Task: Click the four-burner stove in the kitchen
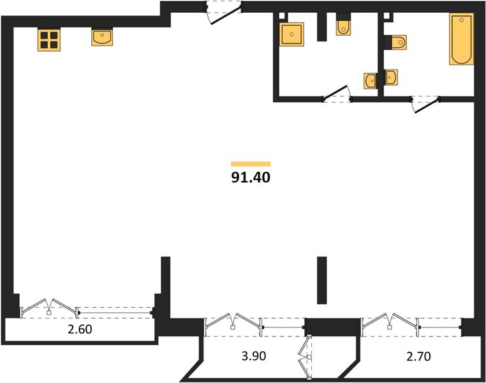[49, 40]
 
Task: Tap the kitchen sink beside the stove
[102, 37]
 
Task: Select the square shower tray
[291, 34]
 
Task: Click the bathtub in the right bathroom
[462, 39]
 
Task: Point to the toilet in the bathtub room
[399, 42]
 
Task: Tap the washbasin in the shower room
[371, 81]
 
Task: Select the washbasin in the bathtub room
[391, 77]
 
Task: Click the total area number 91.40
[251, 177]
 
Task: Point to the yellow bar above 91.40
[251, 164]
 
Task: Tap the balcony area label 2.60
[80, 329]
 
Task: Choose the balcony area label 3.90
[254, 356]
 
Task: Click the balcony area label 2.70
[419, 356]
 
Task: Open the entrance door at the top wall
[225, 13]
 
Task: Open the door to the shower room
[337, 93]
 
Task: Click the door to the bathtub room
[425, 104]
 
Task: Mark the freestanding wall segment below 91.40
[322, 280]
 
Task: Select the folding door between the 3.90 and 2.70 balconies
[306, 357]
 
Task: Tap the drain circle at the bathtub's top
[462, 20]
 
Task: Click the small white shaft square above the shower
[282, 16]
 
